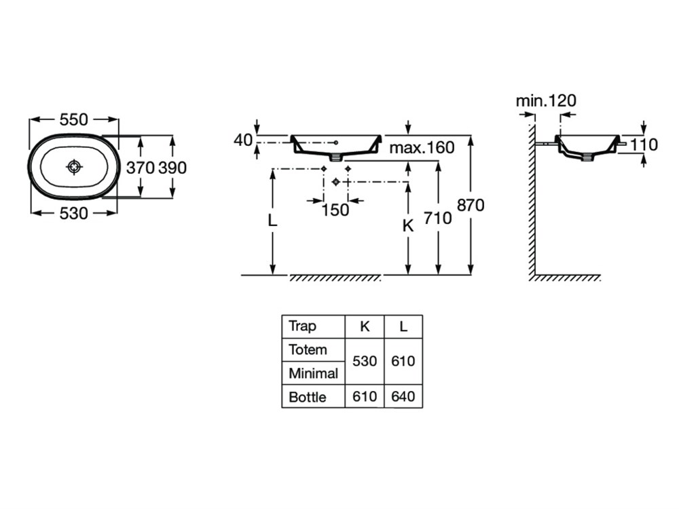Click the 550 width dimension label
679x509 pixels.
[x=74, y=119]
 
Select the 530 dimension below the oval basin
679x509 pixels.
[x=74, y=213]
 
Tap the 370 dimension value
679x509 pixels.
[x=141, y=168]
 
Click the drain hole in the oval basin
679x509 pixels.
[x=74, y=166]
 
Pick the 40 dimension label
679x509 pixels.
[x=242, y=140]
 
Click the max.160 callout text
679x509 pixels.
[x=422, y=148]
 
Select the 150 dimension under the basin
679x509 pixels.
[x=335, y=210]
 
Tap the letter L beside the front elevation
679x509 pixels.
[x=272, y=221]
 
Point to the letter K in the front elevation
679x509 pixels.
[x=407, y=227]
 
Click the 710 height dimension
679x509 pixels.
[x=438, y=219]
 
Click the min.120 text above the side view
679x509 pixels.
[x=546, y=101]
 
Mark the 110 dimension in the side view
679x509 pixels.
[x=644, y=145]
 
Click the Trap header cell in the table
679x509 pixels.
[x=302, y=326]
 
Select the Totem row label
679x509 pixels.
[x=308, y=350]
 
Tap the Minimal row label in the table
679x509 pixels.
[x=313, y=373]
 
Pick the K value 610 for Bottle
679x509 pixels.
[x=365, y=397]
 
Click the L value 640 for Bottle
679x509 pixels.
[x=403, y=397]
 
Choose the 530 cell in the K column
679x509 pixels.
[x=365, y=361]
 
